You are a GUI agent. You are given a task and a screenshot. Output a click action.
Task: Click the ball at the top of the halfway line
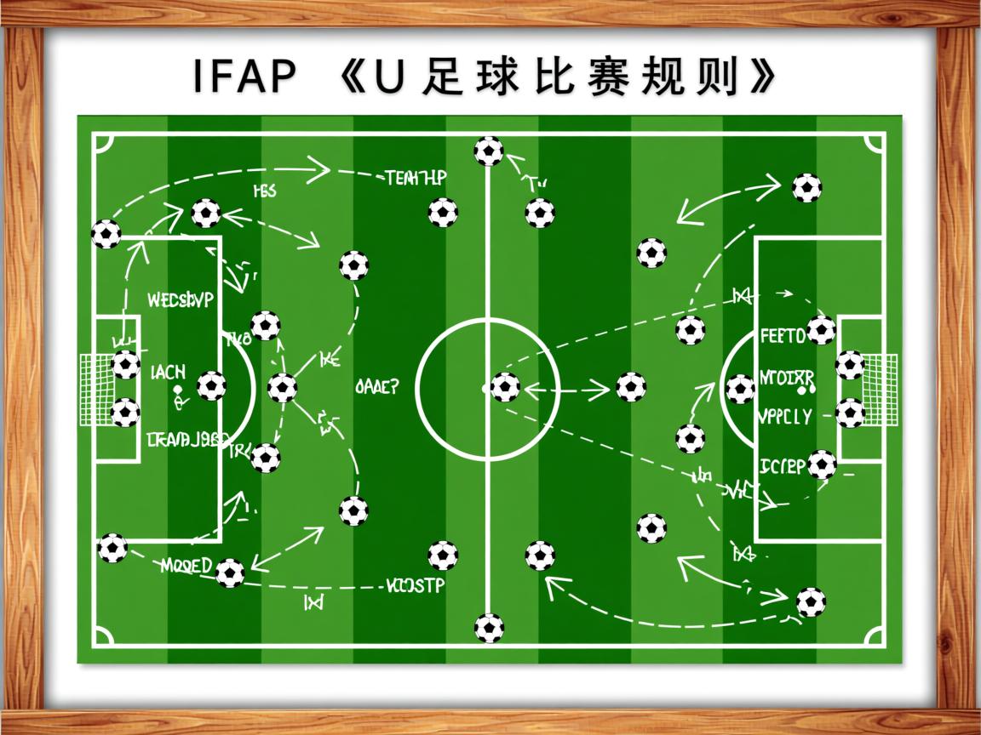(x=489, y=151)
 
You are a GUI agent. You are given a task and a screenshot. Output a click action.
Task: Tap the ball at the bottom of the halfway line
(x=489, y=628)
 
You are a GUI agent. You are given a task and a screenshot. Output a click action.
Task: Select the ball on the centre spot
(x=505, y=387)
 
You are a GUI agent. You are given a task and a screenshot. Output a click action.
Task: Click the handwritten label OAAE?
(x=376, y=388)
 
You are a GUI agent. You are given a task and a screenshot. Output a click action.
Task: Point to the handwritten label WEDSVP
(x=181, y=300)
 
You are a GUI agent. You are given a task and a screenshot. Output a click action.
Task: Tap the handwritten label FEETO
(x=782, y=335)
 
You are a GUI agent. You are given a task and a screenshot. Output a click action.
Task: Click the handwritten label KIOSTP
(x=415, y=586)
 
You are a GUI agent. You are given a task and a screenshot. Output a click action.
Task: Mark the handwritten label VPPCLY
(x=784, y=418)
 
